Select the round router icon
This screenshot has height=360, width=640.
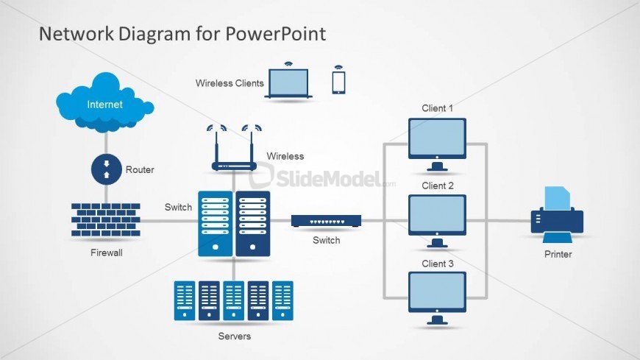coord(105,169)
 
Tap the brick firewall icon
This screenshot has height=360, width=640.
coord(106,219)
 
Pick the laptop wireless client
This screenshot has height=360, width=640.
coord(289,83)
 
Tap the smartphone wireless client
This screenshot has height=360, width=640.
coord(338,81)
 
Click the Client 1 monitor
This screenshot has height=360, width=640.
coord(437,138)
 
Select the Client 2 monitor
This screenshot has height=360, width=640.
coord(437,215)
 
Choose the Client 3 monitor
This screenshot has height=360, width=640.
coord(437,292)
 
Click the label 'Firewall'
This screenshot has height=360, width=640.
coord(106,253)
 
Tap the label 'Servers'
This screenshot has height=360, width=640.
coord(234,336)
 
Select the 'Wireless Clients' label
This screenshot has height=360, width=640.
coord(230,83)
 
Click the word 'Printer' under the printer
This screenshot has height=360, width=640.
coord(558,254)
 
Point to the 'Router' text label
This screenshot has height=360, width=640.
coord(140,169)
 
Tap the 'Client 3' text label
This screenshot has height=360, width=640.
coord(437,264)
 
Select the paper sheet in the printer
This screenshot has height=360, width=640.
coord(557,198)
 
